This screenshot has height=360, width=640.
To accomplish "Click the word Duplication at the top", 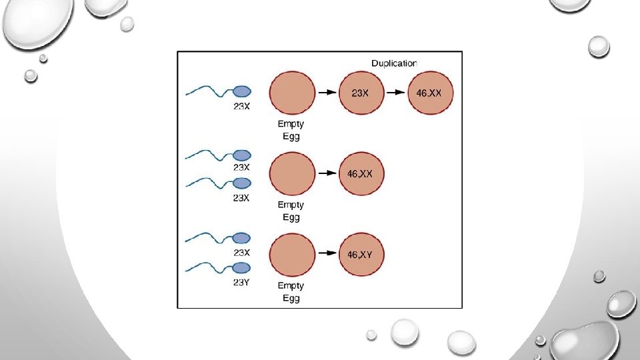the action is coord(394,63).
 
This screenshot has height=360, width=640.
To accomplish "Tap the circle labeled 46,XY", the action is coord(361,254).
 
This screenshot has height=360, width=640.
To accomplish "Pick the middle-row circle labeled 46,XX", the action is coord(361,173).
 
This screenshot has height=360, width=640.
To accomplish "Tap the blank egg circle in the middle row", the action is coord(292,173).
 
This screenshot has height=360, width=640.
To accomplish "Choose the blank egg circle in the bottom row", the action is coord(292,254).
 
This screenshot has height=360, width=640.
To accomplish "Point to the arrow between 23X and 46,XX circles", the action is coord(395,93).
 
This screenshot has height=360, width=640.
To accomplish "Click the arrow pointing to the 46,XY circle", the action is coord(326,254).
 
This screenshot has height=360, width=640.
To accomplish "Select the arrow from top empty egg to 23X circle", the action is coord(326,93).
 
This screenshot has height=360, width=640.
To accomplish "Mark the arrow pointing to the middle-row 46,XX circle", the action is coord(326,173).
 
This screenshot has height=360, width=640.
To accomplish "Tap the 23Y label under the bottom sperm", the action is coord(241,282).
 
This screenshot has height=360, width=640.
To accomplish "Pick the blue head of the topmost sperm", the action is coord(241,91).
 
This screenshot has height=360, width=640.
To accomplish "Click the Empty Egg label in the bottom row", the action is coord(290,292).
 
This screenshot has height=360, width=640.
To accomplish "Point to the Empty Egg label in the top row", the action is coord(290,130).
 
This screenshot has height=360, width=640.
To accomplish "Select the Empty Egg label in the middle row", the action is coord(290,211).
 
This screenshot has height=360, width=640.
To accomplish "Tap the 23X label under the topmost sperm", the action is coord(241,109).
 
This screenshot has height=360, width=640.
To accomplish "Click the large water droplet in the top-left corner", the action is coord(33,27).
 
